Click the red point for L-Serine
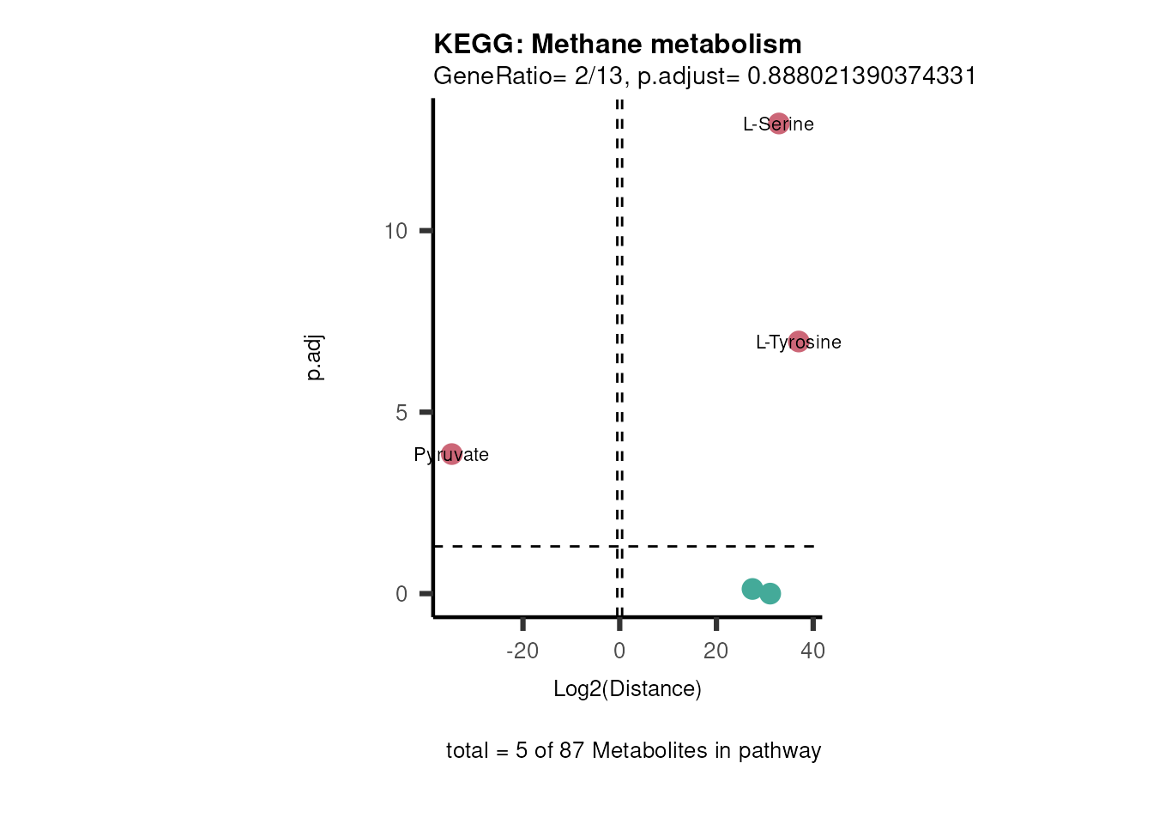[778, 124]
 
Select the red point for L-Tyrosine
[799, 342]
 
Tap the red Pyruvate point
[452, 454]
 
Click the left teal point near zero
[752, 589]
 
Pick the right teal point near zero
[770, 593]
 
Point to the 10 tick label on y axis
[395, 231]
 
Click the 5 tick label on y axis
[401, 413]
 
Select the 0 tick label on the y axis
[401, 594]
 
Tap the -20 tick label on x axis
[522, 651]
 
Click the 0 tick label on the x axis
[619, 651]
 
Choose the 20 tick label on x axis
[715, 651]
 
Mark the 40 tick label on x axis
[812, 651]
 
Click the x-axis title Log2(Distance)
[627, 688]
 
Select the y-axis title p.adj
[314, 358]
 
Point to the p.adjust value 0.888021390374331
[861, 76]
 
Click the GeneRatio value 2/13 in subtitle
[599, 76]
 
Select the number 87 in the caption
[571, 750]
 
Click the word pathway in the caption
[779, 751]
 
